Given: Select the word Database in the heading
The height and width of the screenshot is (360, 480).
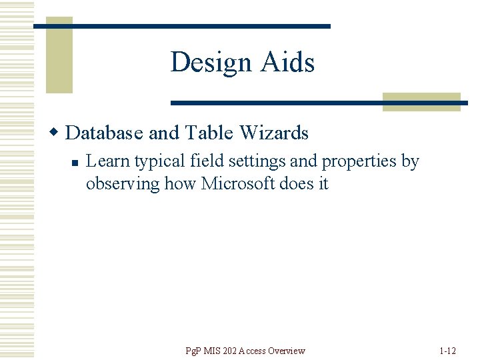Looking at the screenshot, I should pyautogui.click(x=105, y=133).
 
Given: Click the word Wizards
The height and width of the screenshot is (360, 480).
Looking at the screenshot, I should pyautogui.click(x=274, y=133).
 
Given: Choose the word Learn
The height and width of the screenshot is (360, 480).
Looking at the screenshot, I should pyautogui.click(x=108, y=161).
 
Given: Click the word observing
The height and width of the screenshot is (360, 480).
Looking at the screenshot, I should pyautogui.click(x=123, y=183).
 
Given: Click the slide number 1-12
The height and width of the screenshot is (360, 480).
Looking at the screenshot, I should pyautogui.click(x=447, y=351).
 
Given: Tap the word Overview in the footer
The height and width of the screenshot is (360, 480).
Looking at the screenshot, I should pyautogui.click(x=287, y=351).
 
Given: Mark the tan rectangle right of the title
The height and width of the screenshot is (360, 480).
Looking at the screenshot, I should pyautogui.click(x=421, y=101).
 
